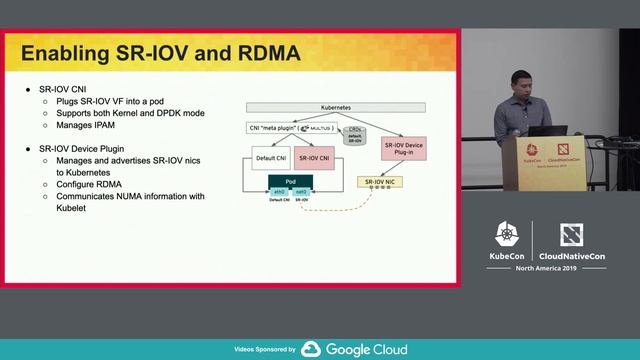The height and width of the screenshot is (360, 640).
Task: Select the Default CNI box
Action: pyautogui.click(x=270, y=157)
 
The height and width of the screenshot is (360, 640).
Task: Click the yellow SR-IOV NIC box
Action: pyautogui.click(x=382, y=182)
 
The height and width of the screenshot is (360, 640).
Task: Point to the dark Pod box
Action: pyautogui.click(x=290, y=181)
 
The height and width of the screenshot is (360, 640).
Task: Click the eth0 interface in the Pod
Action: pyautogui.click(x=279, y=191)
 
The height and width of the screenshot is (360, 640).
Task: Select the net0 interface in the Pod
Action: pyautogui.click(x=301, y=191)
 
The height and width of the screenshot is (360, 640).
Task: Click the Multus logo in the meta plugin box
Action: pyautogui.click(x=319, y=128)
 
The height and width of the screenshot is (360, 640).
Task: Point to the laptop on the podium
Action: pyautogui.click(x=548, y=130)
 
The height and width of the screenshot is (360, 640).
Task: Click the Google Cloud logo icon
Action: pyautogui.click(x=310, y=349)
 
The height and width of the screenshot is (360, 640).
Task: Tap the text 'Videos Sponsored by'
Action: pyautogui.click(x=264, y=350)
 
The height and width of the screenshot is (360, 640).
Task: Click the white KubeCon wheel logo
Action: pyautogui.click(x=506, y=233)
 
